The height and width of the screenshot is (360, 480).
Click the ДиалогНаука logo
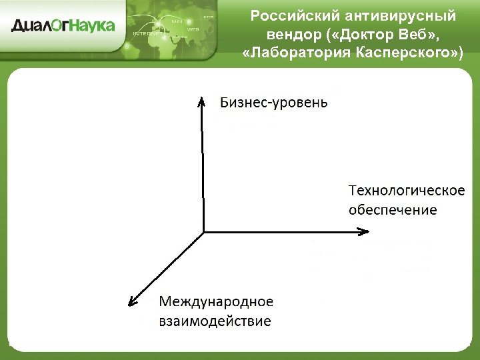63,26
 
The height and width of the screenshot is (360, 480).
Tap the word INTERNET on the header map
147,33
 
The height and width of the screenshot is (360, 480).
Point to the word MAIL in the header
177,21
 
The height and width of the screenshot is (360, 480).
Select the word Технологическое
407,191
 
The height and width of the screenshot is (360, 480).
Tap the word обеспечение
393,210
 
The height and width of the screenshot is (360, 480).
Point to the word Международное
216,301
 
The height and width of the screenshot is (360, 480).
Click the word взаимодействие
215,321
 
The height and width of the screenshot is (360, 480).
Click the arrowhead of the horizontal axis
363,231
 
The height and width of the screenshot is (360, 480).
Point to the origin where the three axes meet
203,231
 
